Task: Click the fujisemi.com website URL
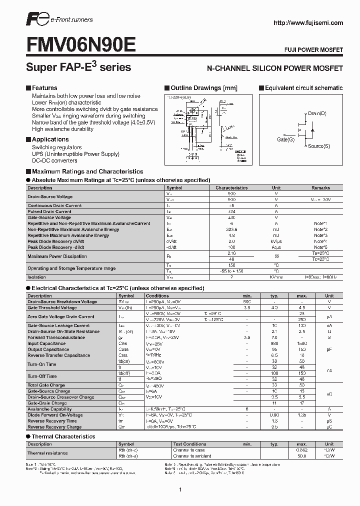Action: click(x=308, y=23)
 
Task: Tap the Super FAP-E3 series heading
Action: click(x=78, y=67)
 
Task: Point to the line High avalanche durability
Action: click(x=62, y=129)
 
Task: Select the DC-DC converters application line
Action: click(x=54, y=161)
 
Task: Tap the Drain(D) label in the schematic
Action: click(x=317, y=113)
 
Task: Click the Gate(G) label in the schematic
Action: click(x=286, y=139)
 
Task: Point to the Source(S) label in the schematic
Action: click(x=319, y=146)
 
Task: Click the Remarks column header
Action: click(x=320, y=188)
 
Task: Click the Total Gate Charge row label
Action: click(x=45, y=385)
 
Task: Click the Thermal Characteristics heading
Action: click(x=63, y=436)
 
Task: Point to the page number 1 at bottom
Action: click(x=179, y=489)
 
